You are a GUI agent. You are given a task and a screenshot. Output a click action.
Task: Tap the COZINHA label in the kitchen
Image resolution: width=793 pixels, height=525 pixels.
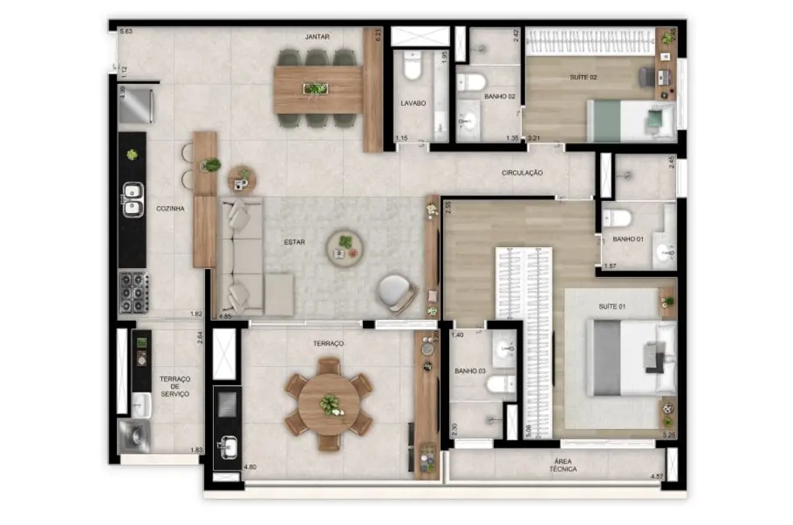(170, 208)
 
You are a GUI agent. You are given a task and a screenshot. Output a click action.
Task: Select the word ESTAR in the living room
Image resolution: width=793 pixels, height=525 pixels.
(294, 241)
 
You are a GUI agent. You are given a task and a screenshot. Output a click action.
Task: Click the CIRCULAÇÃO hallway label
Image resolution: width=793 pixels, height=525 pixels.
(522, 173)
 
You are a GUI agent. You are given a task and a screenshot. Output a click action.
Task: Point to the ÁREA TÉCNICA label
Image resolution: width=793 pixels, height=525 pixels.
(563, 464)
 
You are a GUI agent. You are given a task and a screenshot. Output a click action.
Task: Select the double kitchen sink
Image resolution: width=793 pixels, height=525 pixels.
(131, 201)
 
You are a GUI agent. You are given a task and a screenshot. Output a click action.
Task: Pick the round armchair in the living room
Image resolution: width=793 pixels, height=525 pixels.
(396, 292)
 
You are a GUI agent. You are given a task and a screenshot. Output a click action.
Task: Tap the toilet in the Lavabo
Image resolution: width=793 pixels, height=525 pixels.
(412, 67)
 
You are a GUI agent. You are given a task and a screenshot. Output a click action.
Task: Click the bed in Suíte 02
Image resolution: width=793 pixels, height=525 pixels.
(629, 120)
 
